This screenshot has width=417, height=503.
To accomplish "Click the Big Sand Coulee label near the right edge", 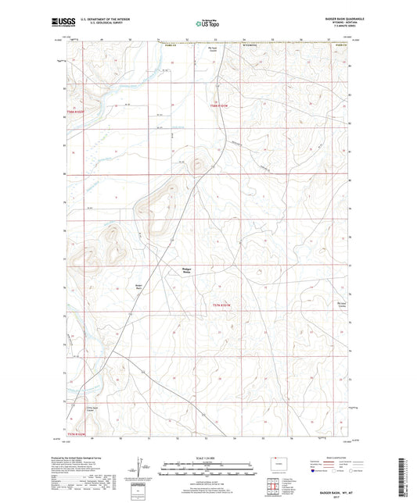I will tap(341, 305).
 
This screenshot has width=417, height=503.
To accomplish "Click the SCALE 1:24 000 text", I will tap(207, 458).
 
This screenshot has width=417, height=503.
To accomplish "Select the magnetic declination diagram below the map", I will tap(146, 470).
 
